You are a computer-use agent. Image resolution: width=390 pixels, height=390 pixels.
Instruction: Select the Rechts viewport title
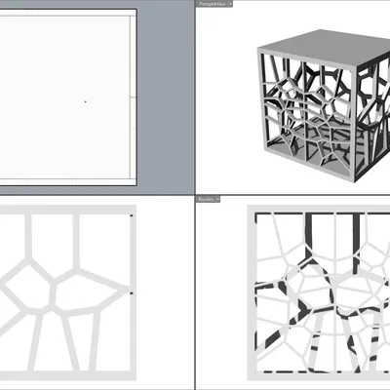pyautogui.click(x=206, y=199)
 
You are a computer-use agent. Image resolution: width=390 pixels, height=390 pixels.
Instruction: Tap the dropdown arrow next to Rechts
pyautogui.click(x=217, y=199)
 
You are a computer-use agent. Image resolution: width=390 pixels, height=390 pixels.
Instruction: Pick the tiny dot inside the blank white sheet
pyautogui.click(x=85, y=100)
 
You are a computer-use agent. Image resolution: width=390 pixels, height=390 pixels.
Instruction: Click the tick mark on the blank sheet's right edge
pyautogui.click(x=132, y=98)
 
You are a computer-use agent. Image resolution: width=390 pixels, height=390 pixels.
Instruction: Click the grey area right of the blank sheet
pyautogui.click(x=166, y=97)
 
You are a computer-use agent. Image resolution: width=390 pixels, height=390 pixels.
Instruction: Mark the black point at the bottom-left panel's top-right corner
pyautogui.click(x=131, y=214)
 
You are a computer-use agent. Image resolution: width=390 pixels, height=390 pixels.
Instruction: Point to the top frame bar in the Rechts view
pyautogui.click(x=322, y=210)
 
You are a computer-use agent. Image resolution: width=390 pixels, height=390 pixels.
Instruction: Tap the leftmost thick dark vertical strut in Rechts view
pyautogui.click(x=308, y=234)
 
